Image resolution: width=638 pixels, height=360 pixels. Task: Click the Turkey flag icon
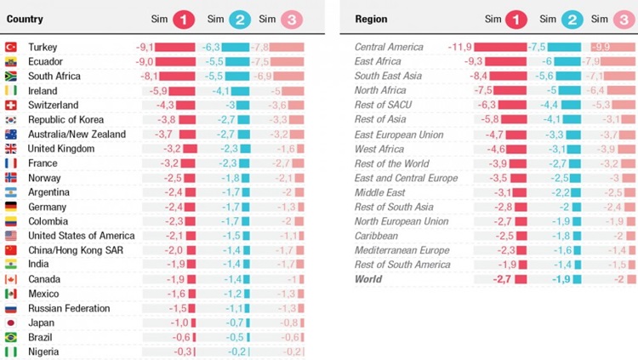[11, 48]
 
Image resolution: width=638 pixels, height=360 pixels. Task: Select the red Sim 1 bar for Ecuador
[175, 62]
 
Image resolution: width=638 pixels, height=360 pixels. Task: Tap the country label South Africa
[54, 77]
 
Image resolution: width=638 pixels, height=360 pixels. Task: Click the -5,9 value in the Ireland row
[158, 91]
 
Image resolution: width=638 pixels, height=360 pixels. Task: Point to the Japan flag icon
[11, 323]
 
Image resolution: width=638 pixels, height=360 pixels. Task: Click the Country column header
[25, 19]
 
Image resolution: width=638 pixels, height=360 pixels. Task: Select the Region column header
[371, 19]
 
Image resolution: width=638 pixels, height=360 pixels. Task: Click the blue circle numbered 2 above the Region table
[572, 19]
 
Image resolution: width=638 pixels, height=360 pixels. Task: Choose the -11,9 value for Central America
[459, 47]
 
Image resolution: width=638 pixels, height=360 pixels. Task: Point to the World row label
[369, 279]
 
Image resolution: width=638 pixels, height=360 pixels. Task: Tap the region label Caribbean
[376, 236]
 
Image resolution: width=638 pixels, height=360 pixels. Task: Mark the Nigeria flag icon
[11, 351]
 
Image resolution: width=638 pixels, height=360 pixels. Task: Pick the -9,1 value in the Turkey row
[144, 48]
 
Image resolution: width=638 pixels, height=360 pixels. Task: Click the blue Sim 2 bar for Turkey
[236, 48]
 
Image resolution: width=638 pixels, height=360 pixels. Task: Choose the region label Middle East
[380, 192]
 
